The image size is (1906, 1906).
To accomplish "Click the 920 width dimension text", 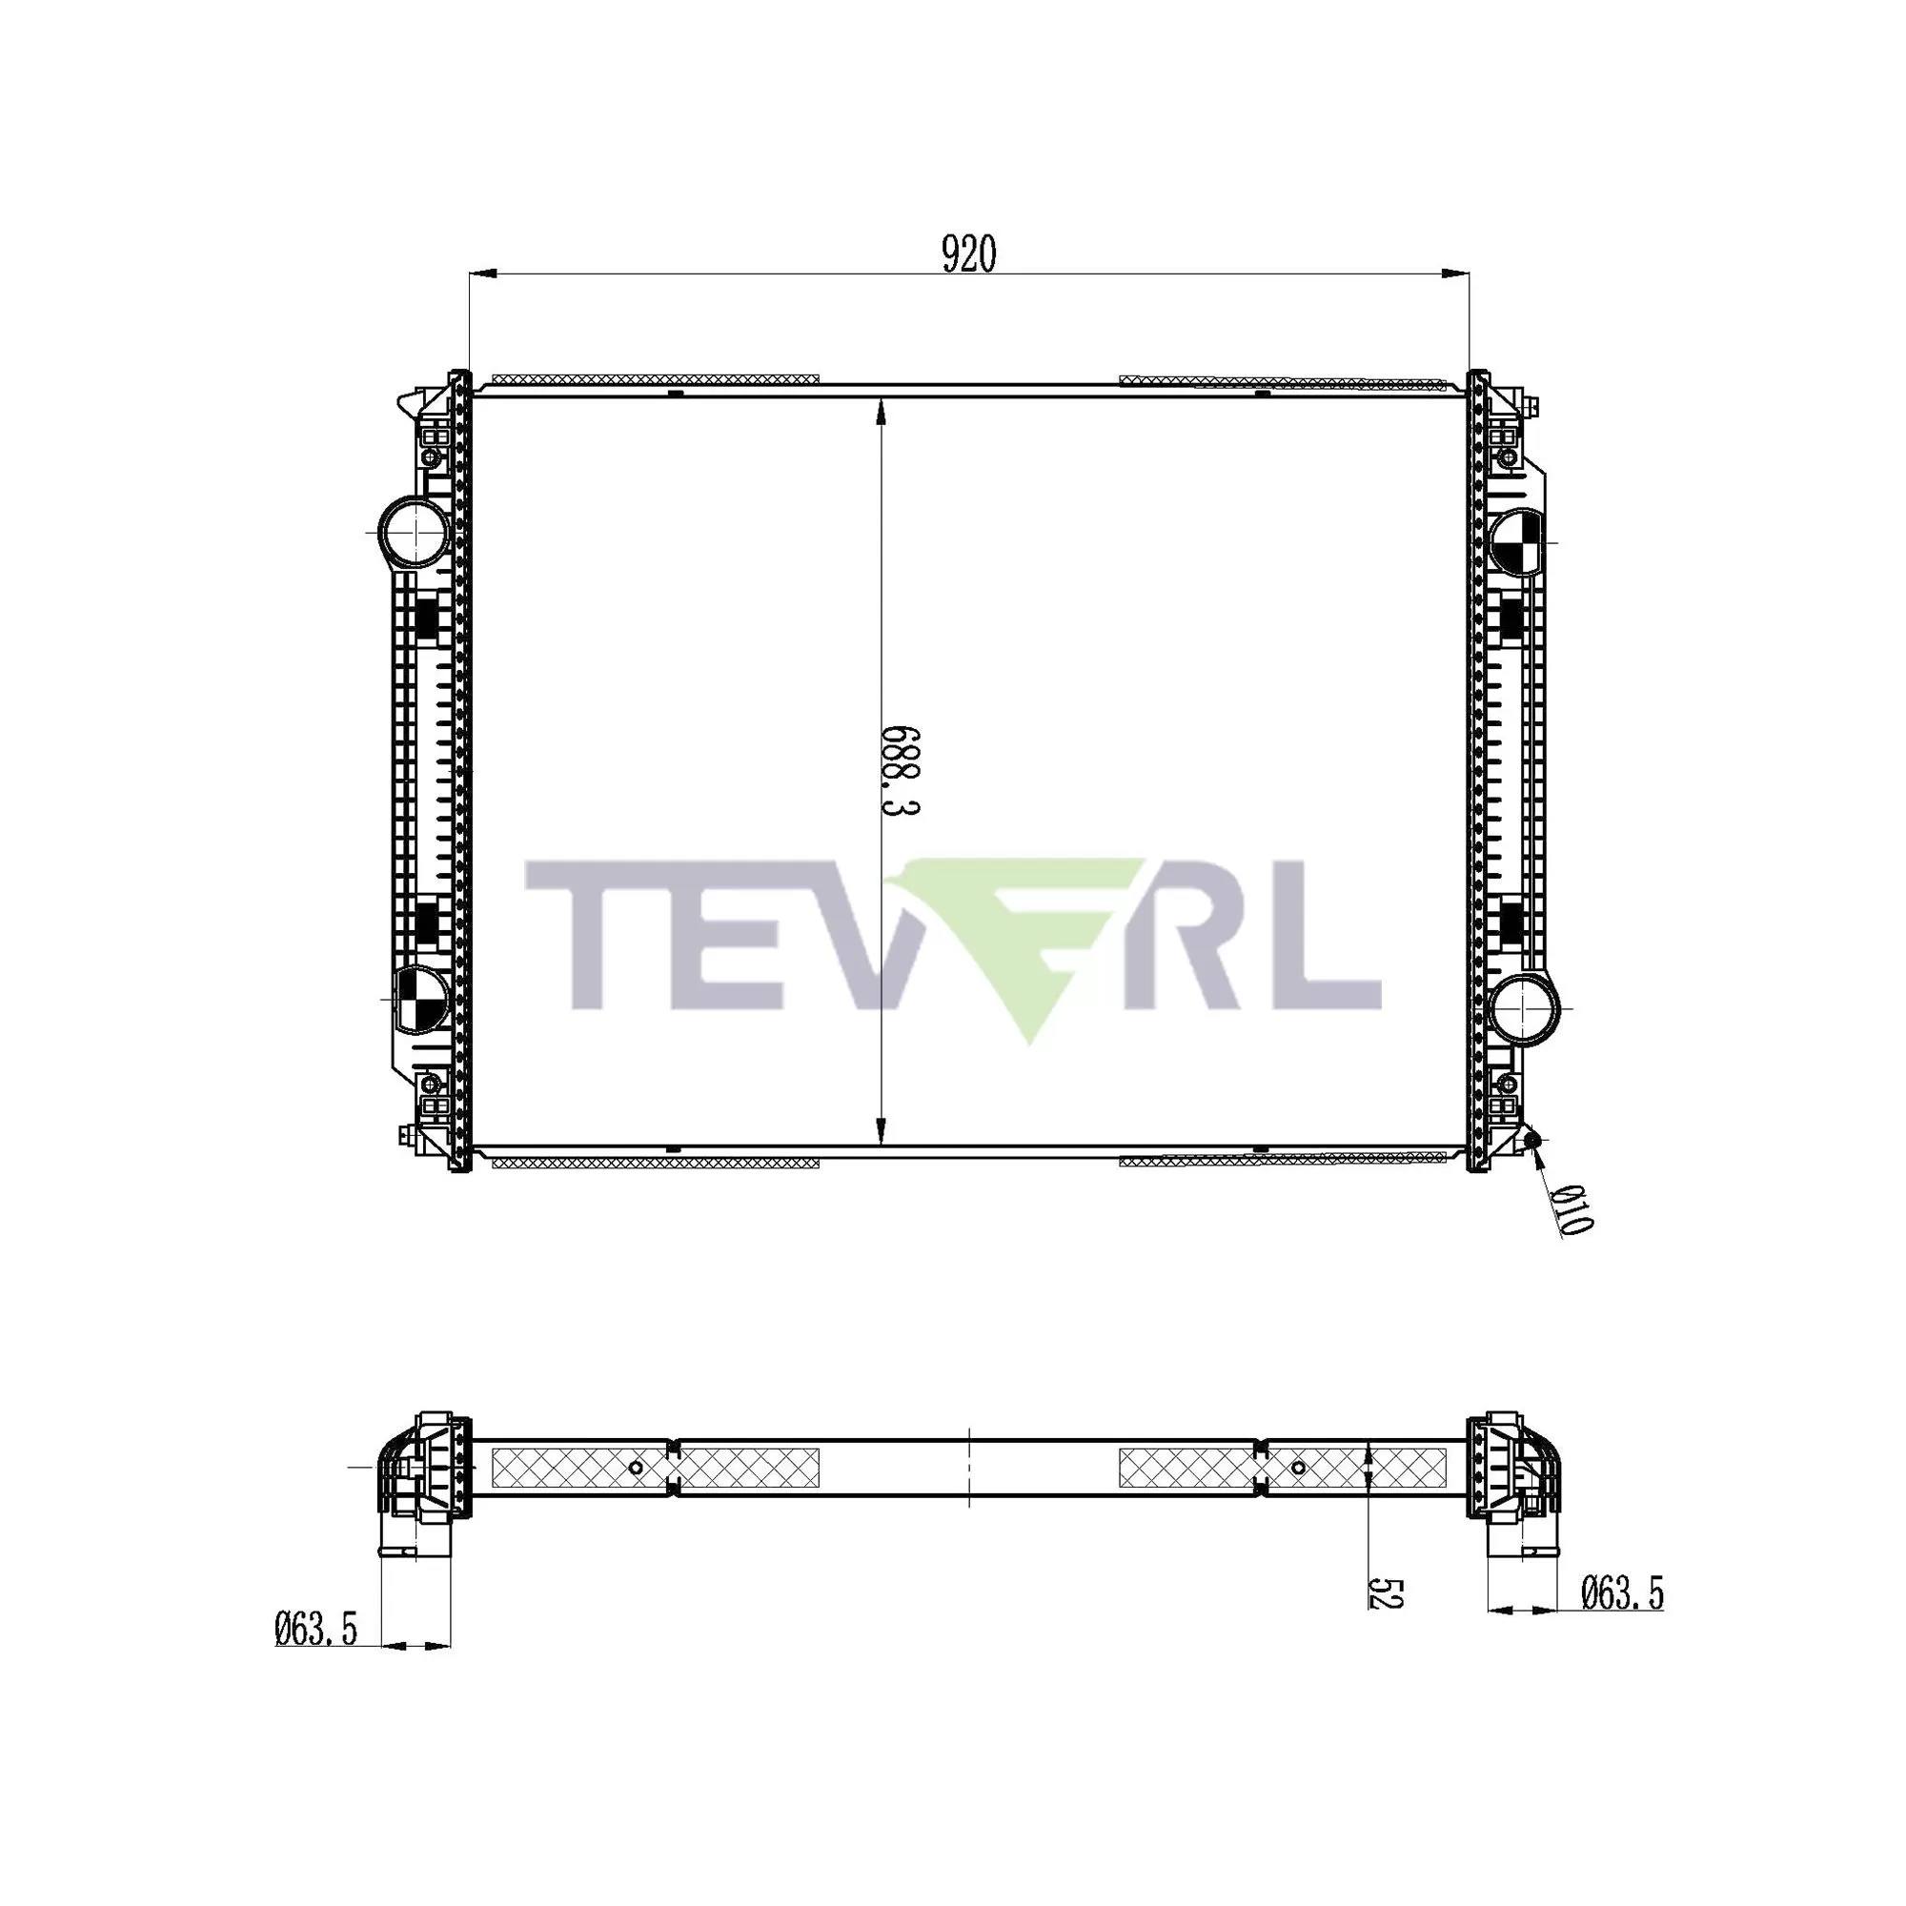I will [x=969, y=254].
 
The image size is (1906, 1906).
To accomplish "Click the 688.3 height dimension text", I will [x=899, y=772].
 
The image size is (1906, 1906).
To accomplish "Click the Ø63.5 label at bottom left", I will [x=315, y=1629].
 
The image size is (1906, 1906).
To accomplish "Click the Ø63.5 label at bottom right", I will [x=1623, y=1593].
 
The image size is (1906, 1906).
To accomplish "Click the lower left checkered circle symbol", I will [x=420, y=999].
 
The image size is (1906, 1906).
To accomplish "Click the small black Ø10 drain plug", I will [x=1532, y=1142].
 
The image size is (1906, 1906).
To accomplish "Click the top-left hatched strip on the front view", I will [x=655, y=379].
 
